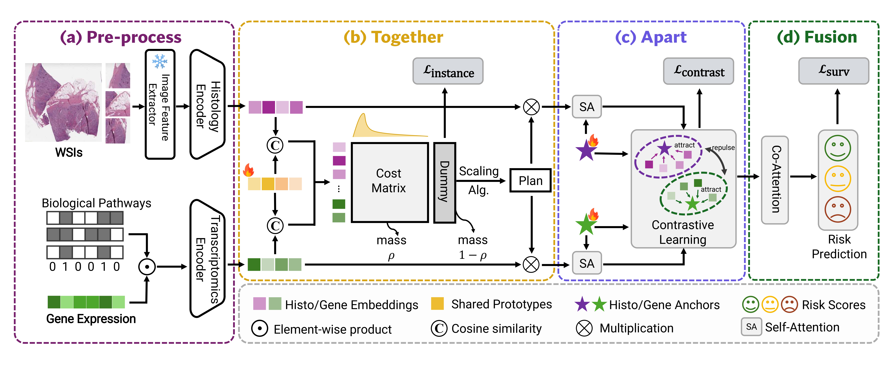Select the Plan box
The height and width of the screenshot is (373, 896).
pos(530,180)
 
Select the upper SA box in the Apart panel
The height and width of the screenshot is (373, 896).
pos(587,107)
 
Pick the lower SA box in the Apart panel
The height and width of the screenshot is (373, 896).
pos(587,263)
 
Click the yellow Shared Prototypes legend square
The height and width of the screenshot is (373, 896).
pos(437,304)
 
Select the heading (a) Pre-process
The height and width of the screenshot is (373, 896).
pos(121,37)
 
